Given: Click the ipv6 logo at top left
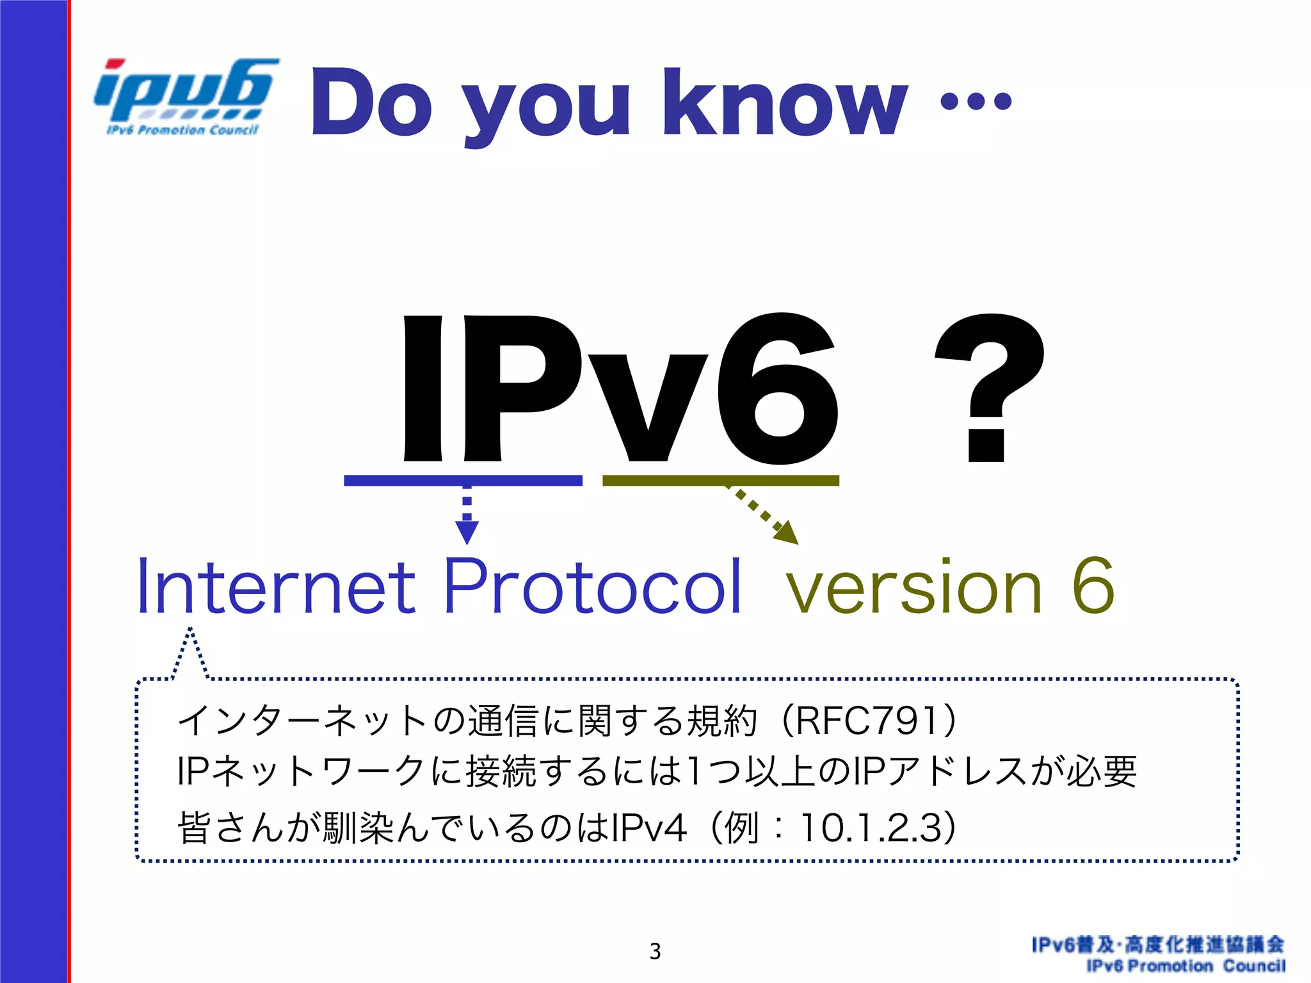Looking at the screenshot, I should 186,96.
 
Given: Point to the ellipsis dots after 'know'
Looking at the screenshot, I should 976,101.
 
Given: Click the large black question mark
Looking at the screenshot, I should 988,387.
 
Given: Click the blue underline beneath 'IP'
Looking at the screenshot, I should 463,481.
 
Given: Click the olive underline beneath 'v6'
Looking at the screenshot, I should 721,481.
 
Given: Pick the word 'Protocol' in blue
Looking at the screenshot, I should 592,586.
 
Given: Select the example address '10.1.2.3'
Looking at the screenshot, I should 871,827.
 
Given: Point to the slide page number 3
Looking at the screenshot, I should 655,951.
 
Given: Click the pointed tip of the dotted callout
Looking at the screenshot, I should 190,630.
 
